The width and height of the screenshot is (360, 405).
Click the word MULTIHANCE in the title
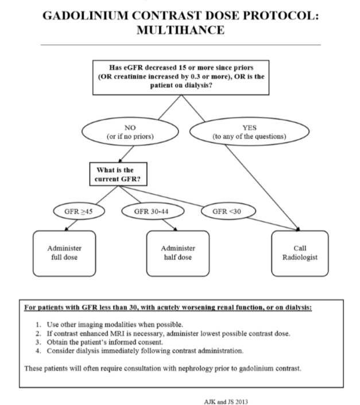click(180, 29)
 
